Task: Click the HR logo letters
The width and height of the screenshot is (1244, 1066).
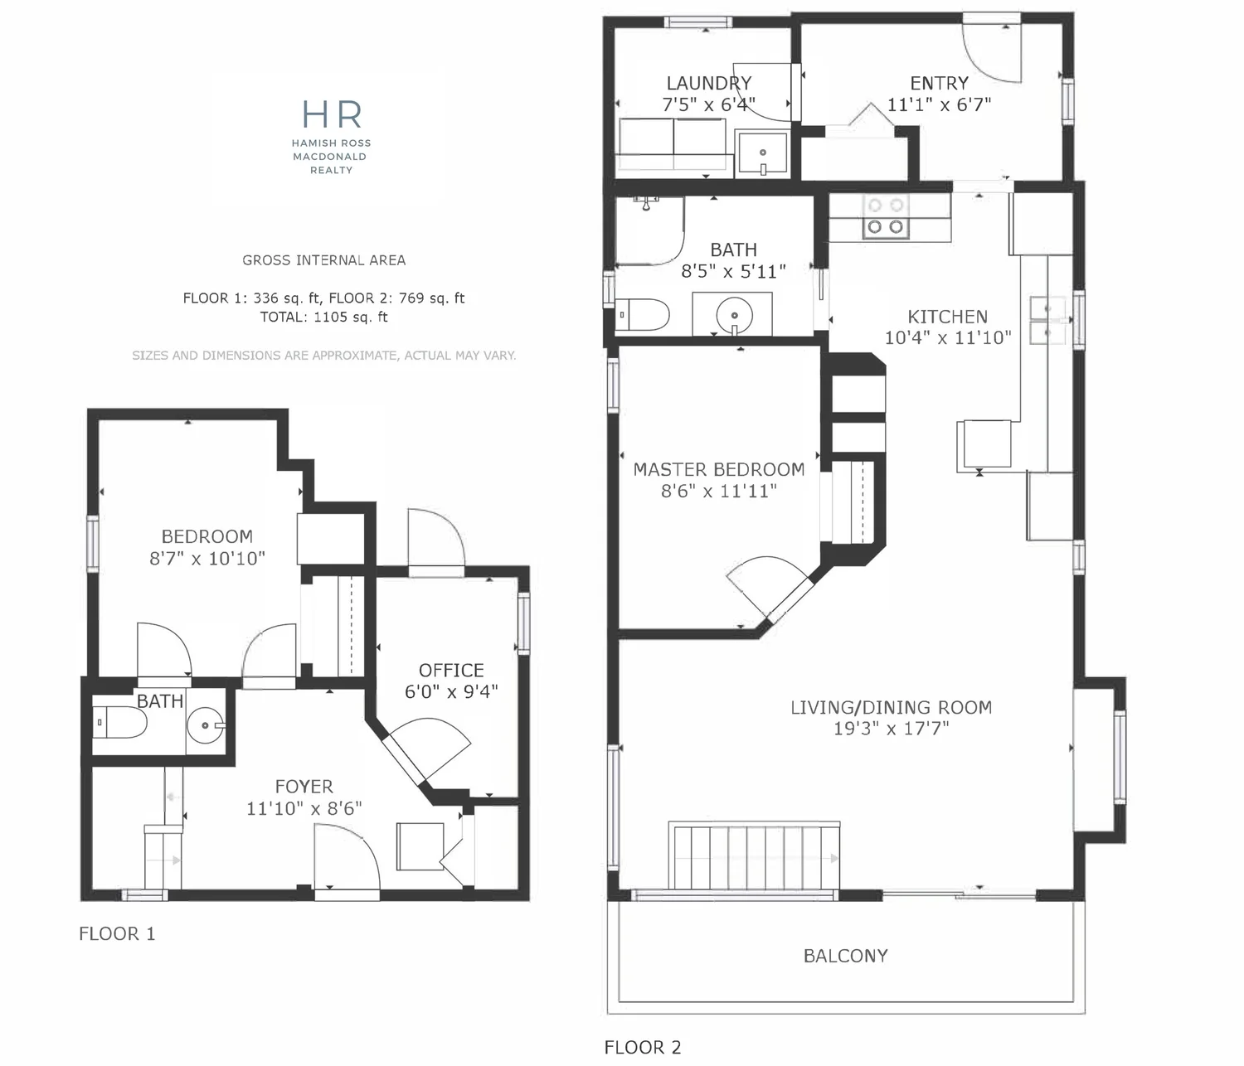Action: click(332, 114)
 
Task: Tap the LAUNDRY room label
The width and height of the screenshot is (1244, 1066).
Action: click(709, 83)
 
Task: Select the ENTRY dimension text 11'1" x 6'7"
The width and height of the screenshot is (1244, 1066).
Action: click(939, 104)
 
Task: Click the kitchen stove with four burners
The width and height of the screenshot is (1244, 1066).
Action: click(885, 216)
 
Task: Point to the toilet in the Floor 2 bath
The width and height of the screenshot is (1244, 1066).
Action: click(642, 314)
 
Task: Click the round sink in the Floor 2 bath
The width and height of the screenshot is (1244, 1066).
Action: click(734, 315)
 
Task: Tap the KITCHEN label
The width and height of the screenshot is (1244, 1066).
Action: click(947, 317)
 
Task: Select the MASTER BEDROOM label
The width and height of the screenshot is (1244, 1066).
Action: click(718, 469)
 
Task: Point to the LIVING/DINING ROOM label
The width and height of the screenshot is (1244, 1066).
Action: click(891, 707)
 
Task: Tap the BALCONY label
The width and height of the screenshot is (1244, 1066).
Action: click(846, 956)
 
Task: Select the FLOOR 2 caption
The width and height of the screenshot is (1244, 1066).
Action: click(643, 1048)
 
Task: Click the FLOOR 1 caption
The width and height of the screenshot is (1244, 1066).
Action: click(118, 933)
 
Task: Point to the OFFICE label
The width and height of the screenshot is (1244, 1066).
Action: click(451, 670)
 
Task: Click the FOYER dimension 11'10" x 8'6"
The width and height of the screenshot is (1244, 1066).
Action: click(304, 808)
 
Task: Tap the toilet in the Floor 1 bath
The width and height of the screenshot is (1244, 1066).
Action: click(119, 723)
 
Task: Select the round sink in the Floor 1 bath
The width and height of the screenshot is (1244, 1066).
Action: click(206, 725)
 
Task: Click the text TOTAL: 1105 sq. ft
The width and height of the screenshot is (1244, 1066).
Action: click(323, 317)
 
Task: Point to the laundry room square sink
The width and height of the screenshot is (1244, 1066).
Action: click(762, 153)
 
